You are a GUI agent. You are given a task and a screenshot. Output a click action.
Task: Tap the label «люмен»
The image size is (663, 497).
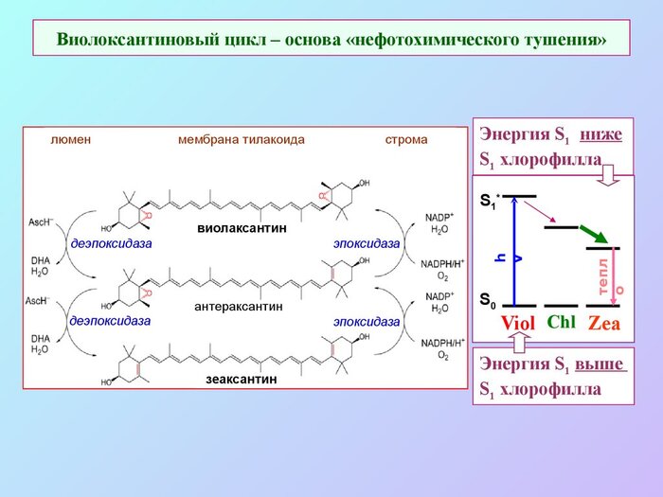(x=70, y=139)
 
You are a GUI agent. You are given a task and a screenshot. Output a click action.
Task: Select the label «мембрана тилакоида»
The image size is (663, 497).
(x=242, y=139)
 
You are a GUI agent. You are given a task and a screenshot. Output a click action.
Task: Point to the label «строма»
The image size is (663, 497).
(x=405, y=139)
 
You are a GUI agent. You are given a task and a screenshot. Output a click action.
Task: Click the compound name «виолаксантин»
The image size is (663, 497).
(x=242, y=229)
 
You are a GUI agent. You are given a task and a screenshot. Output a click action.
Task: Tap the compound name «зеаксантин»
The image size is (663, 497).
(x=242, y=380)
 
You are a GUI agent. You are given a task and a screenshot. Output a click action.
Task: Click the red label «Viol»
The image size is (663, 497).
(x=518, y=324)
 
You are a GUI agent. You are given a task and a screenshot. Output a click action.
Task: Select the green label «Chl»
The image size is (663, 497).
(x=562, y=322)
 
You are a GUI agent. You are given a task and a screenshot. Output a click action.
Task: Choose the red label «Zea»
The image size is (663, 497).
(x=603, y=324)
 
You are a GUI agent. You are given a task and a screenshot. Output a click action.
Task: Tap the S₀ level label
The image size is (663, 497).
(x=487, y=302)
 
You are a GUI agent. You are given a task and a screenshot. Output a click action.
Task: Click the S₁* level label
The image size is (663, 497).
(x=489, y=202)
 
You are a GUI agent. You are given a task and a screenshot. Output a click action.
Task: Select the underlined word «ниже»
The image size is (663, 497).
(x=601, y=133)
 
